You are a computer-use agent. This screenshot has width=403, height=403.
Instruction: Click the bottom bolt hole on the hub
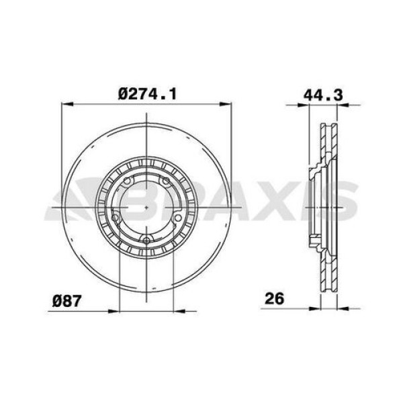[x=146, y=240]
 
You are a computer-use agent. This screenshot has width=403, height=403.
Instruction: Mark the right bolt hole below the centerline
[x=178, y=218]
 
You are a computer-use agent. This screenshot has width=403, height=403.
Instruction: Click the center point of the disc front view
[x=146, y=208]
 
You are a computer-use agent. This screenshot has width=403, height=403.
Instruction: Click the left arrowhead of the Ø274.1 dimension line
[x=65, y=104]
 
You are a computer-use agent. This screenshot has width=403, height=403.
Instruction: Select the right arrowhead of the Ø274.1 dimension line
[x=227, y=104]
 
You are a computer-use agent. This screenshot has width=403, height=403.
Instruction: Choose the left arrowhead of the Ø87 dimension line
[x=122, y=310]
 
